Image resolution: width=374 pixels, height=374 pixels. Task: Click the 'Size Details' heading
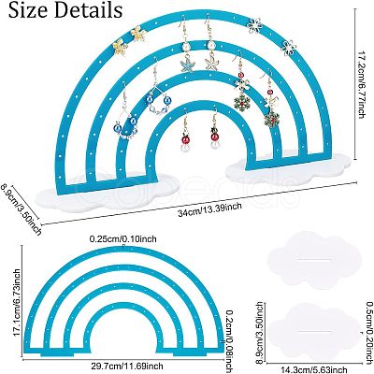tap(65, 10)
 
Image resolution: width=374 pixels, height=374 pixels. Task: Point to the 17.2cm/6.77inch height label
tap(361, 85)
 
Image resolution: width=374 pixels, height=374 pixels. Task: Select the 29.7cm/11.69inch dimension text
tap(126, 366)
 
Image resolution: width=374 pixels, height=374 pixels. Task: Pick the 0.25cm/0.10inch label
tap(123, 239)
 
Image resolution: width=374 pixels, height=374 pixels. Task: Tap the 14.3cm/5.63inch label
tap(313, 369)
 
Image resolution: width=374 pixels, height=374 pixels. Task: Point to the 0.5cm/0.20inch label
tap(369, 338)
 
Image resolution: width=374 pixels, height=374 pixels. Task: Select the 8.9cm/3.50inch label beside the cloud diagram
tap(261, 332)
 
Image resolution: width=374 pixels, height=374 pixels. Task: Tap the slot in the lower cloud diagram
tap(313, 331)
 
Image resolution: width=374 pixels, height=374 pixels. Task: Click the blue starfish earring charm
tap(187, 64)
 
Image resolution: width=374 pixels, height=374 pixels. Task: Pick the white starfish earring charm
tap(211, 63)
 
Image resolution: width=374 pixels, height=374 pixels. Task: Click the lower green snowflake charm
tap(272, 119)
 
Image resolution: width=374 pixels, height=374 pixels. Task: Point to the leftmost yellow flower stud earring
tap(121, 48)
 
